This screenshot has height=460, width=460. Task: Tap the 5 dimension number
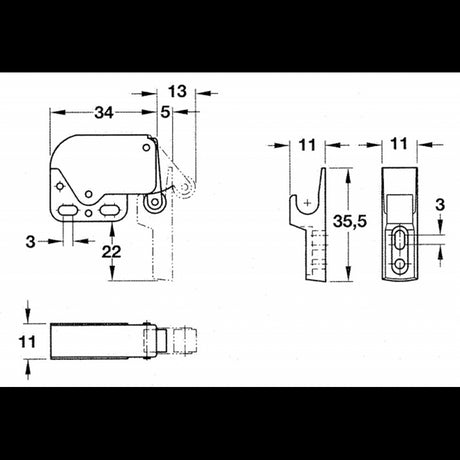click(164, 111)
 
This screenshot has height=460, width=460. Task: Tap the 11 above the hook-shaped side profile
click(308, 145)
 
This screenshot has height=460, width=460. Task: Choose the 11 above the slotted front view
click(399, 145)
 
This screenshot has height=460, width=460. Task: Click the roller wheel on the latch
click(154, 203)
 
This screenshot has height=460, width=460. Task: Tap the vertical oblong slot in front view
click(399, 241)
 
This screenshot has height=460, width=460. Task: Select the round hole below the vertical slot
click(399, 264)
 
